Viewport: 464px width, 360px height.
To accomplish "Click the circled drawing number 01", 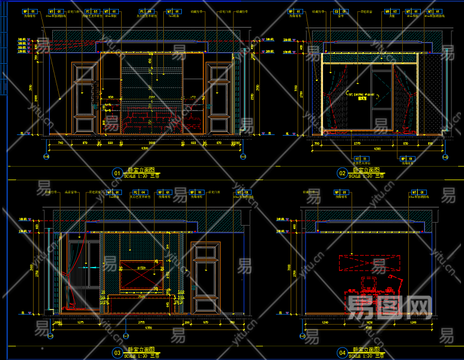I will (x=117, y=173).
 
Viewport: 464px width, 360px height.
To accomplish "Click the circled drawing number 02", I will (x=342, y=173).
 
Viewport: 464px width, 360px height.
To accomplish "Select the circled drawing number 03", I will (x=117, y=352).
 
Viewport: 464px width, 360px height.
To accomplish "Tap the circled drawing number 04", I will (x=342, y=352).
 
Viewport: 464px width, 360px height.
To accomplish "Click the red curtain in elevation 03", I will (x=74, y=276).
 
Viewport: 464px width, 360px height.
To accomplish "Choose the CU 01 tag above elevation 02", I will (x=344, y=11).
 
